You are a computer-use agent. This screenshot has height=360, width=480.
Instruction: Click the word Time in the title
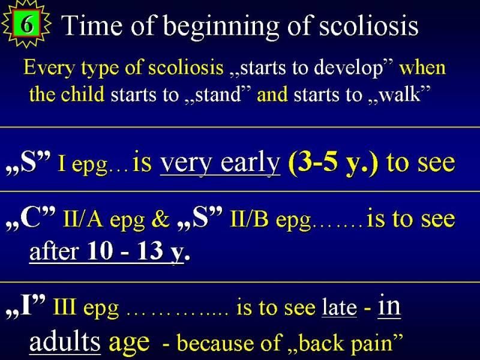click(x=93, y=26)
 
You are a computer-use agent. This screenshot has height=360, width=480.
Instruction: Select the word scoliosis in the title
click(x=368, y=25)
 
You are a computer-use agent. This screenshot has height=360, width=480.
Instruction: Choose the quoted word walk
click(x=400, y=94)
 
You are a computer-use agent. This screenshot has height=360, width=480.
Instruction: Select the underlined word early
click(x=250, y=163)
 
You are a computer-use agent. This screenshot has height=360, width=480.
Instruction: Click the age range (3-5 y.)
click(x=334, y=163)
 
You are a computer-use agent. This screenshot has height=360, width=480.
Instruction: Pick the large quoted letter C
click(x=31, y=218)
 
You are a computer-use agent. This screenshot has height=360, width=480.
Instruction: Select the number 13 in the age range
click(x=150, y=251)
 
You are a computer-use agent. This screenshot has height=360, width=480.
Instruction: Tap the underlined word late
click(x=339, y=307)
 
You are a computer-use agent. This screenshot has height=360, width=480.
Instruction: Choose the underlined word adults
click(x=65, y=341)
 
